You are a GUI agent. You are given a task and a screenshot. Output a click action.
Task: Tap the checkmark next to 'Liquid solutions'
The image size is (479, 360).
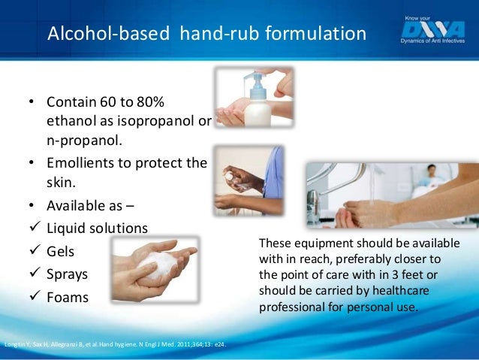tap(34, 228)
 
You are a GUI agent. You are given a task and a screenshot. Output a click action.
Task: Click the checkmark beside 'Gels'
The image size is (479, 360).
tap(34, 250)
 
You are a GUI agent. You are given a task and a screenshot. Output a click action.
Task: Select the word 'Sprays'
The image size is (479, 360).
tap(68, 274)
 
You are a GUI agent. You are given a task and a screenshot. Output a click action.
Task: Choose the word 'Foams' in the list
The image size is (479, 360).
tap(68, 297)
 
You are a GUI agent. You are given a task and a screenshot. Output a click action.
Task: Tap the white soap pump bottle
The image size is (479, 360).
tap(258, 105)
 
